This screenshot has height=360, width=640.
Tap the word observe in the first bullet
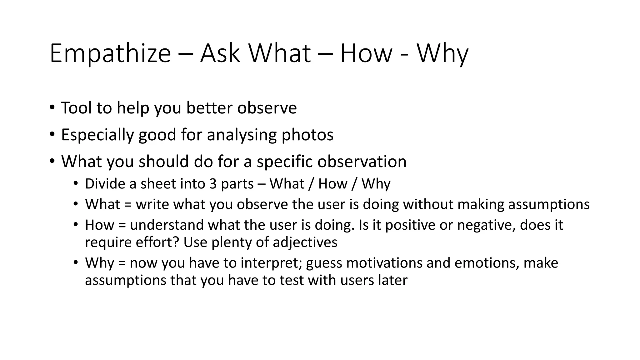pyautogui.click(x=267, y=108)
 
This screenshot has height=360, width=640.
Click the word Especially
pyautogui.click(x=97, y=135)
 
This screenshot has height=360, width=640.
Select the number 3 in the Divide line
pyautogui.click(x=213, y=184)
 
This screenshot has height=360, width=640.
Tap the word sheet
pyautogui.click(x=155, y=184)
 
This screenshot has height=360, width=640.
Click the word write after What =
pyautogui.click(x=152, y=204)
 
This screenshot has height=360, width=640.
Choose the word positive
pyautogui.click(x=410, y=225)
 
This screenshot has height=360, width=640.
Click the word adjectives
pyautogui.click(x=305, y=242)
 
